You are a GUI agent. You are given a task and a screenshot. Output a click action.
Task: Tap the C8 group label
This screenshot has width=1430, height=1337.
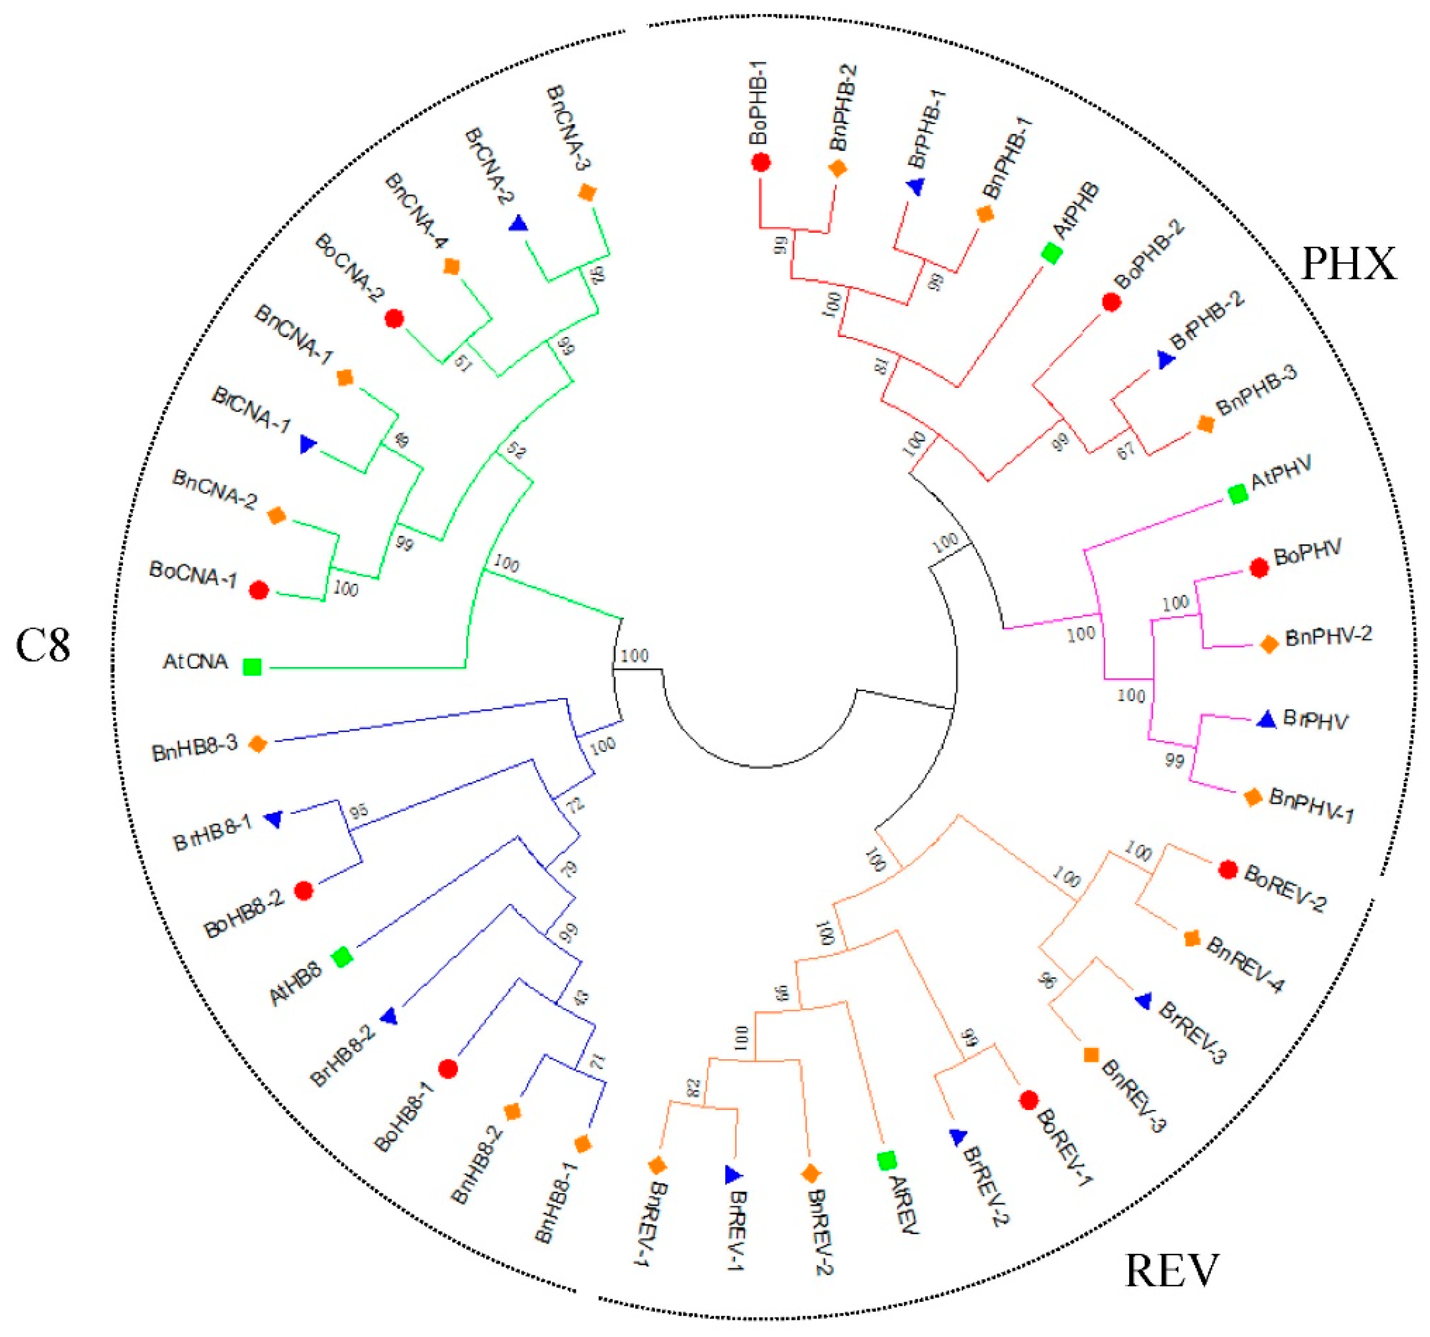[43, 645]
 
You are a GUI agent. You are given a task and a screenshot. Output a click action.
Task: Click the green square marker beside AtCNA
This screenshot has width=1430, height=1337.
[252, 667]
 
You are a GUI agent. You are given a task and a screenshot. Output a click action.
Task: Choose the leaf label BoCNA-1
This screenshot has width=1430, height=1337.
[192, 574]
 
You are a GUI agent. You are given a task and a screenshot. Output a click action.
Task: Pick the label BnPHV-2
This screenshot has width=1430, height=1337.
[1328, 636]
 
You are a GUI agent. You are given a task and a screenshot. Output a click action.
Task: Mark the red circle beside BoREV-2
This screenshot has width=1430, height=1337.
[1228, 870]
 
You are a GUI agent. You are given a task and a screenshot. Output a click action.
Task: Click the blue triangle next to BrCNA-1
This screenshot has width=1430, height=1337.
[307, 445]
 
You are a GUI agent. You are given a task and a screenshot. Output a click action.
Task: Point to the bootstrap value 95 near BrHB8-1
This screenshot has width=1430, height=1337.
[359, 812]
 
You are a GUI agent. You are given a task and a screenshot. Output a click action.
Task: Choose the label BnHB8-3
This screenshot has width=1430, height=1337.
[194, 748]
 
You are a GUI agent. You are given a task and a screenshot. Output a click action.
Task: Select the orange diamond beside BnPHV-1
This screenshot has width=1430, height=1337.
[1252, 797]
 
